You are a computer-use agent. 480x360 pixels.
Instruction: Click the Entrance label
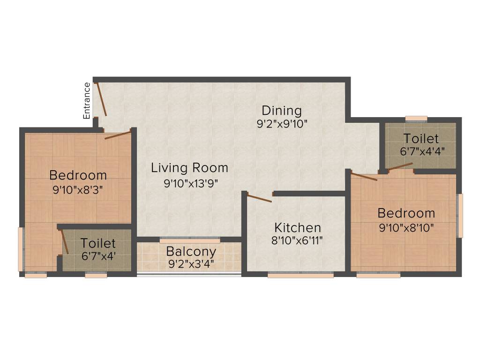coord(87,100)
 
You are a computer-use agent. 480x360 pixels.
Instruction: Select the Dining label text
coord(281,111)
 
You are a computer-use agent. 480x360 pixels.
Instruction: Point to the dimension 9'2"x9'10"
coord(281,124)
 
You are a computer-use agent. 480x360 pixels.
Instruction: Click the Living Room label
coord(189,168)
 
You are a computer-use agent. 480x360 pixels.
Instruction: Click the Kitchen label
coord(298,228)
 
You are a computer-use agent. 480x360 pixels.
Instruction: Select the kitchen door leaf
coord(259,198)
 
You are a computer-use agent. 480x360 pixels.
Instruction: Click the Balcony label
coord(191,251)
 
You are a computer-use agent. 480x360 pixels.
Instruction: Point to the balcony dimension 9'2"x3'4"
coord(191,263)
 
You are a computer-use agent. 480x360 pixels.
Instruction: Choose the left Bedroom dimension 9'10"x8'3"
coord(78,190)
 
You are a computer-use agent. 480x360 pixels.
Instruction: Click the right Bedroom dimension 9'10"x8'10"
coord(406,228)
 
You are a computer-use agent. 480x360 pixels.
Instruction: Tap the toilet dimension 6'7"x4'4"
coord(421,151)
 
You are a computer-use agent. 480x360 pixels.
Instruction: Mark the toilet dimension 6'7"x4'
coord(97,256)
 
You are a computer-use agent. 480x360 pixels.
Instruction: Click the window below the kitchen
coord(300,276)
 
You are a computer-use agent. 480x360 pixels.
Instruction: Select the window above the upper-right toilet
coord(416,118)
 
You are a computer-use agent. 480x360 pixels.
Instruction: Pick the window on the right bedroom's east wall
coord(460,215)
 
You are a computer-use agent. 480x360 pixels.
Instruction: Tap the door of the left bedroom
coord(118,135)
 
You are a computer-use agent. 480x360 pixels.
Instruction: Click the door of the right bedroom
coord(364,177)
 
